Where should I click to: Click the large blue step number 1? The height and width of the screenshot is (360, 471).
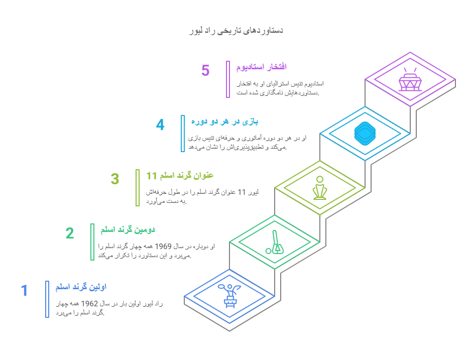pos(24,290)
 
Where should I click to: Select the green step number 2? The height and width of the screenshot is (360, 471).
pos(70,233)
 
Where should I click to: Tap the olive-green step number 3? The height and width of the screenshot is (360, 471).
pos(115,179)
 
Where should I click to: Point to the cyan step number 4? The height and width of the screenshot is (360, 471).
pos(160,125)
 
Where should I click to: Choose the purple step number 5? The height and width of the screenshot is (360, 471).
pos(205,71)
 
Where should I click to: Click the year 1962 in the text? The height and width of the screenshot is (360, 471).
pos(89,304)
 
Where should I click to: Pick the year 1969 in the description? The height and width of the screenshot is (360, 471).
pos(163,247)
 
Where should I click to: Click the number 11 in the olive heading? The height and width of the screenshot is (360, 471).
pos(152,176)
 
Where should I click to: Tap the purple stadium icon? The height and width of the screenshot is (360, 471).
pos(410,79)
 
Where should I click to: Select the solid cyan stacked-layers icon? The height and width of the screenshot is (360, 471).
pos(365,134)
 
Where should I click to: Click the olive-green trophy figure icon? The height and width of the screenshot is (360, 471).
pos(319,188)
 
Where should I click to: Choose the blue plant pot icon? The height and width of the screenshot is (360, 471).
pos(229,296)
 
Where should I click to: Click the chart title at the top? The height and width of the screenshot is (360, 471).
pos(236,31)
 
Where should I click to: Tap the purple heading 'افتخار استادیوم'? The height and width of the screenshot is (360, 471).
pos(261,67)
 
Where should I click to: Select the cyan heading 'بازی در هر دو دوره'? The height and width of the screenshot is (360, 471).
pos(224,122)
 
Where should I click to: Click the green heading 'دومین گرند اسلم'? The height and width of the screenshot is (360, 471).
pos(128,230)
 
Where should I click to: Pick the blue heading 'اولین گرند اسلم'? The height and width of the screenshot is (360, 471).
pos(81,287)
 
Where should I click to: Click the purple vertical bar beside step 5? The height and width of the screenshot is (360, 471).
pos(228,79)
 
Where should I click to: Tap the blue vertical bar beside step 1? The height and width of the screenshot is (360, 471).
pos(47,299)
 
